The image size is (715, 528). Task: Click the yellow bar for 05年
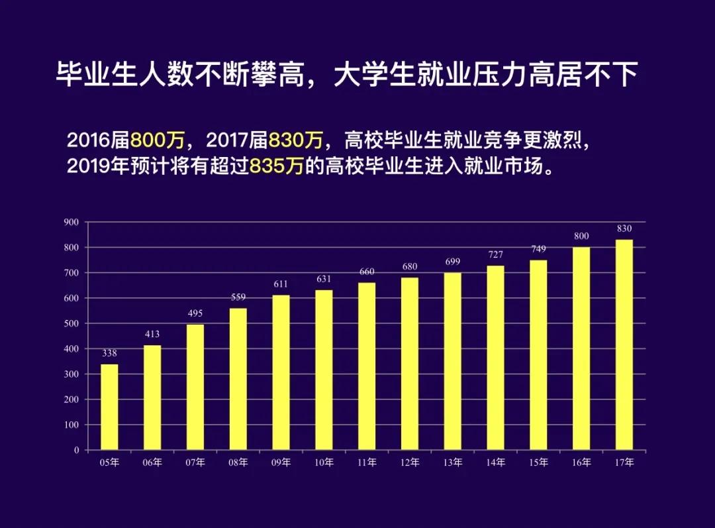click(x=109, y=407)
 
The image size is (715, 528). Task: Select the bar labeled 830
click(x=624, y=344)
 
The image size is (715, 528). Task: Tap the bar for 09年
click(x=281, y=372)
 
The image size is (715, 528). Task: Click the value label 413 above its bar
click(x=152, y=334)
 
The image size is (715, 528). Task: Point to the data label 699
click(x=453, y=262)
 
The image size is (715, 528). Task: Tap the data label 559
click(x=238, y=297)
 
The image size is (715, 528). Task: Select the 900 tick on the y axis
click(x=71, y=222)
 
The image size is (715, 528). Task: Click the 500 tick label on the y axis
click(x=71, y=323)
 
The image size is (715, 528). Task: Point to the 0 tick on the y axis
click(x=76, y=450)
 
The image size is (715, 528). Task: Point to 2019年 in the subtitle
click(x=91, y=165)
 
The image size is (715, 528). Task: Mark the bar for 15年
click(x=539, y=354)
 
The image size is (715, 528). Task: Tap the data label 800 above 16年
click(x=581, y=236)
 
